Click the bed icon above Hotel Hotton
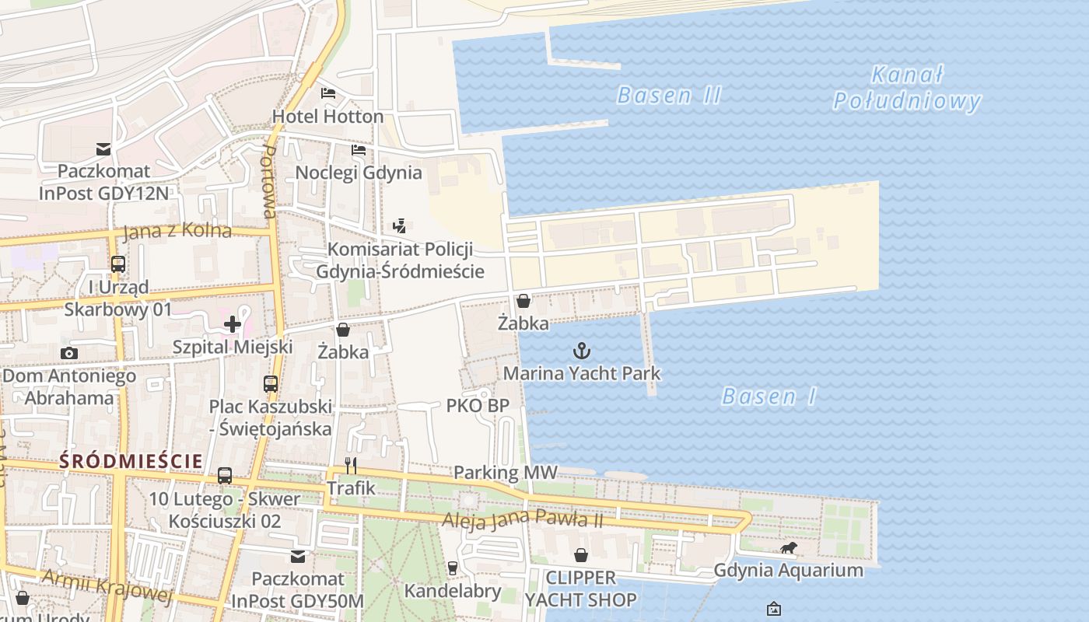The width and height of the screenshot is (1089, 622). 328,93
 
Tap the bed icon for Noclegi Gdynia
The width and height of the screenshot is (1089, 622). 358,149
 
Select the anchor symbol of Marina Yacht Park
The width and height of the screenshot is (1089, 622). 581,351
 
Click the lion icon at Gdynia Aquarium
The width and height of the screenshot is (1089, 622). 789,548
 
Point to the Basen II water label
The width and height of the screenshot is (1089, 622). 669,96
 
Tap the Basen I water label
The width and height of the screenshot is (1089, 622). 769,397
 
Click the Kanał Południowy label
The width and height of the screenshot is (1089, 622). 906,88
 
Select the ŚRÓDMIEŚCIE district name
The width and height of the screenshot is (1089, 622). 131,460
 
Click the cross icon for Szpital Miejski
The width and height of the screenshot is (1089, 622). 232,324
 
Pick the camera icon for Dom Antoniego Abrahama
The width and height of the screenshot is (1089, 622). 68,354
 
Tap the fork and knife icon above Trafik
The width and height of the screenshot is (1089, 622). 351,466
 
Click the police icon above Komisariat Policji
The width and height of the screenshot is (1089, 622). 399,226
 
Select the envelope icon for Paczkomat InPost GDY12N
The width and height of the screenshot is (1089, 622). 103,149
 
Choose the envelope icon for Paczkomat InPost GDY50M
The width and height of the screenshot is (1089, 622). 298,557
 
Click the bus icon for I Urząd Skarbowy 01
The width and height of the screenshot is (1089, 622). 117,264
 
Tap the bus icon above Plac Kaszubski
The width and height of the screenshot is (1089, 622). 270,384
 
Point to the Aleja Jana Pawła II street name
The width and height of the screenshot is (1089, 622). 522,519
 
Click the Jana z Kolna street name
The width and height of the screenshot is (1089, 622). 177,231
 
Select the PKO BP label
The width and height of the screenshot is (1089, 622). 478,406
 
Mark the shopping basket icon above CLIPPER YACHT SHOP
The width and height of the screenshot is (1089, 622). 580,555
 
